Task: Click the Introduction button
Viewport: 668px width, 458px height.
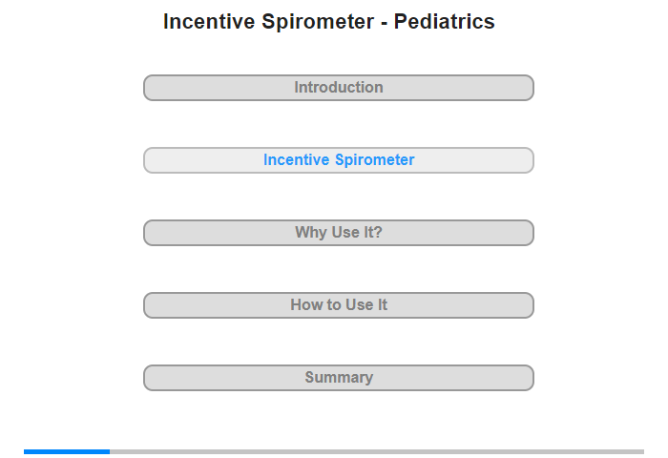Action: [338, 88]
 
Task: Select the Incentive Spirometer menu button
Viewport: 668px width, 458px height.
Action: [338, 160]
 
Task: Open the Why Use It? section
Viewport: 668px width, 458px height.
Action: [338, 233]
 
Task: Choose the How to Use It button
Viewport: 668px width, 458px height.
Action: [338, 305]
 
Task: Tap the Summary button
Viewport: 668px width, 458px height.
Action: [338, 378]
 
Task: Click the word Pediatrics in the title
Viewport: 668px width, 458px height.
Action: [444, 21]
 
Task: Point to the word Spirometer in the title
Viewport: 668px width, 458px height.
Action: [318, 22]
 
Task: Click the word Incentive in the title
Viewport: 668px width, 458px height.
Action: [209, 21]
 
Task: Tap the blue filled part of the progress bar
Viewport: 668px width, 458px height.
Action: [67, 451]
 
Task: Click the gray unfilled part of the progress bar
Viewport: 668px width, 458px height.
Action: [377, 451]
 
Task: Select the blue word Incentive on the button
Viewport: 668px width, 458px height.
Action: [297, 159]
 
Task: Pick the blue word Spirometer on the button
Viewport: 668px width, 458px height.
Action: [374, 160]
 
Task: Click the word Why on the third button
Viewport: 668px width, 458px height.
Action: [311, 233]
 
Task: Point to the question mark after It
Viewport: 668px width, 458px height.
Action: [378, 232]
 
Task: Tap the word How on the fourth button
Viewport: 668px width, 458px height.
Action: [306, 304]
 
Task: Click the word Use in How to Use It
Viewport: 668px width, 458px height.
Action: [360, 304]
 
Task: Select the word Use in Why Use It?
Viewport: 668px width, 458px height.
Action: [345, 232]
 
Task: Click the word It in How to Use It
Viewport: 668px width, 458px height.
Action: [383, 304]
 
